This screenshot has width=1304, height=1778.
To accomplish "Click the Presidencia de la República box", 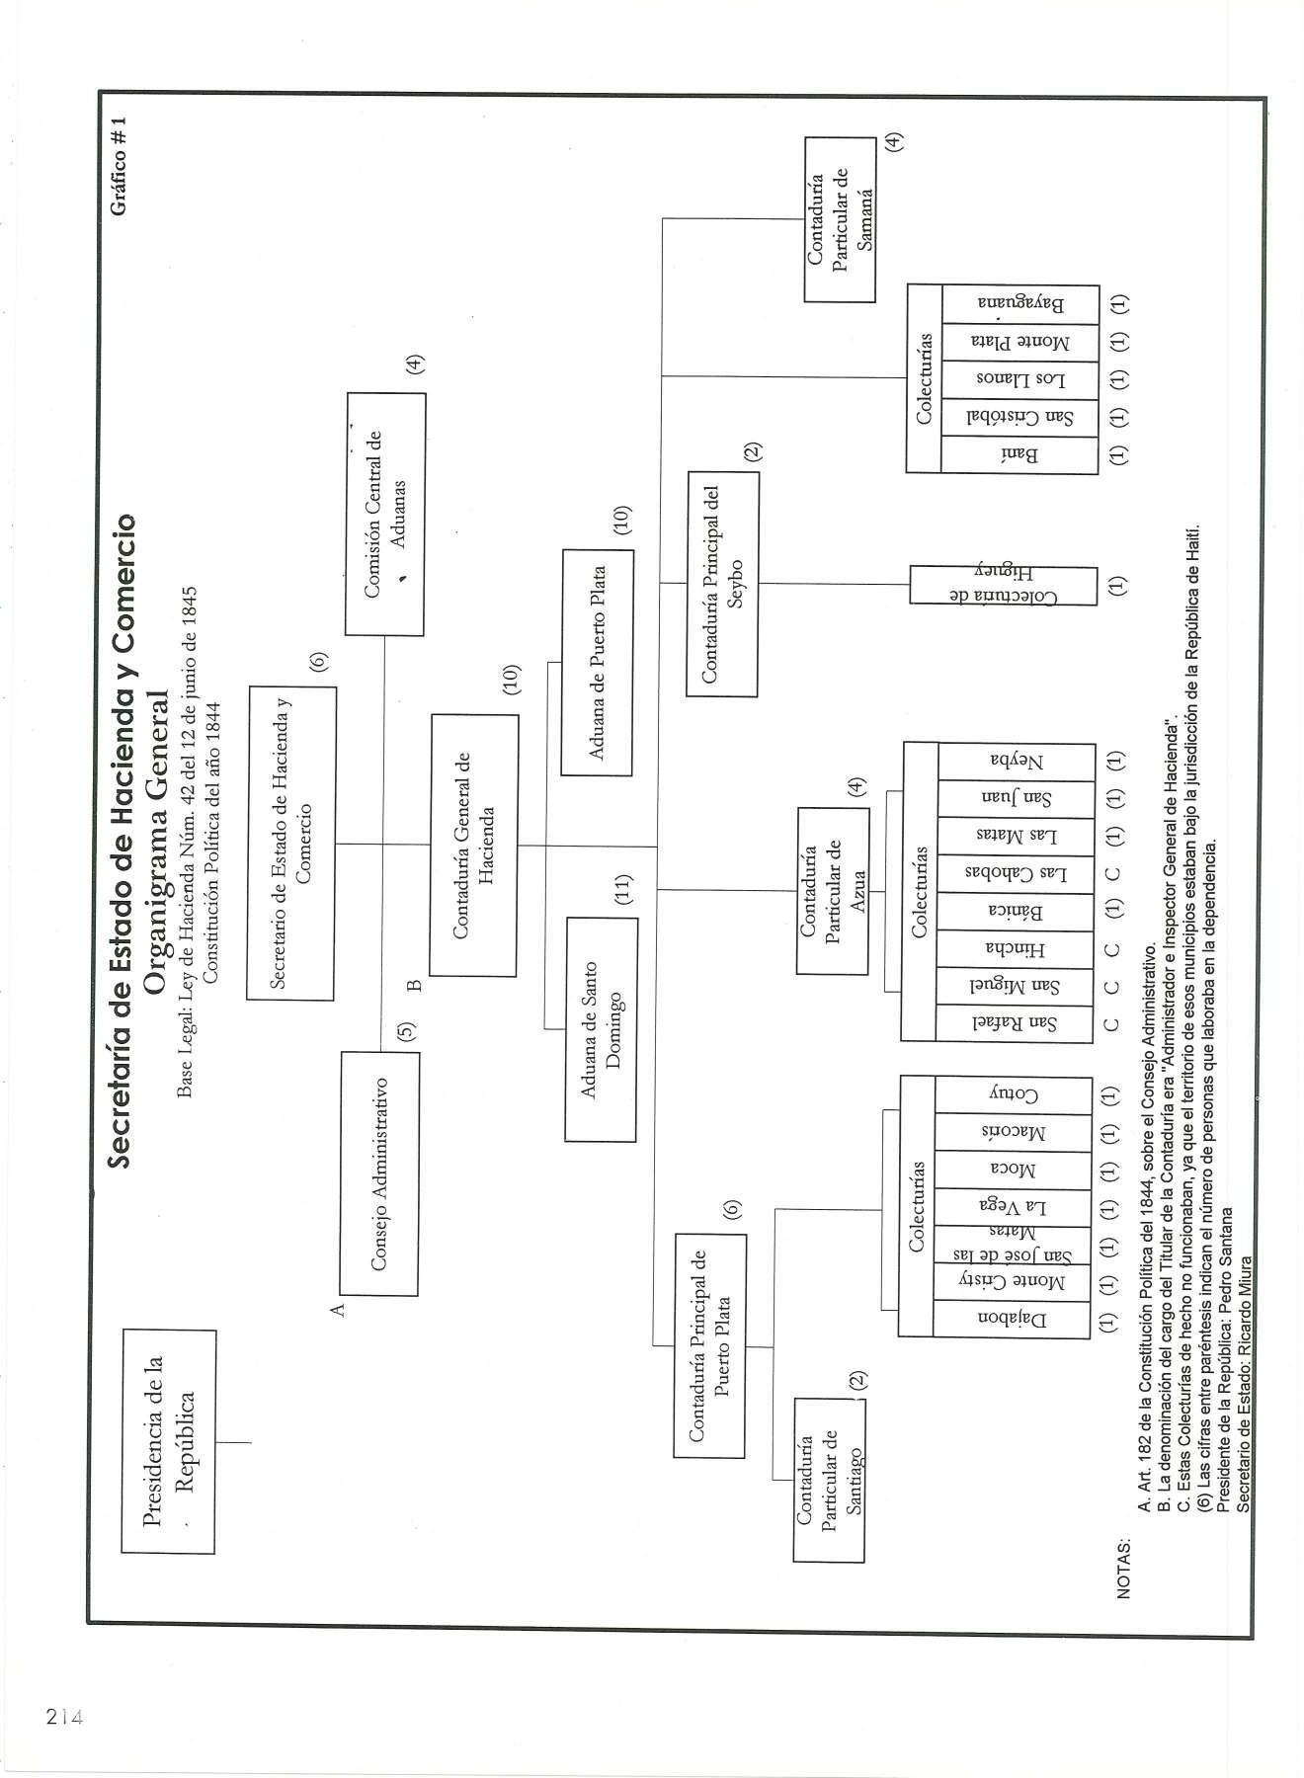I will [x=168, y=1441].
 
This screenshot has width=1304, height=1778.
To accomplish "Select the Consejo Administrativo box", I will [x=379, y=1172].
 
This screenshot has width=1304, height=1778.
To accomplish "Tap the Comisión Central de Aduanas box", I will [x=385, y=514].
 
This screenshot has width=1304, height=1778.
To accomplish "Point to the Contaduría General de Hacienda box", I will [x=474, y=845].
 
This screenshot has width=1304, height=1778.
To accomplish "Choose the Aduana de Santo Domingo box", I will [x=602, y=1029].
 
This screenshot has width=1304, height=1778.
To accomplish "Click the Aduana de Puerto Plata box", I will [x=598, y=662].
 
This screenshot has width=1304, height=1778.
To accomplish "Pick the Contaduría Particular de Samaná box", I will [x=840, y=219].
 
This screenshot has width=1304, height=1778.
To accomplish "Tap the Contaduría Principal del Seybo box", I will [x=723, y=584].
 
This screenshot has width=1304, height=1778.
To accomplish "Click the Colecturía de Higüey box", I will [x=1003, y=585].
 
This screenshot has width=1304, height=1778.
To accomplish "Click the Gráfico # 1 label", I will [x=120, y=165].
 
